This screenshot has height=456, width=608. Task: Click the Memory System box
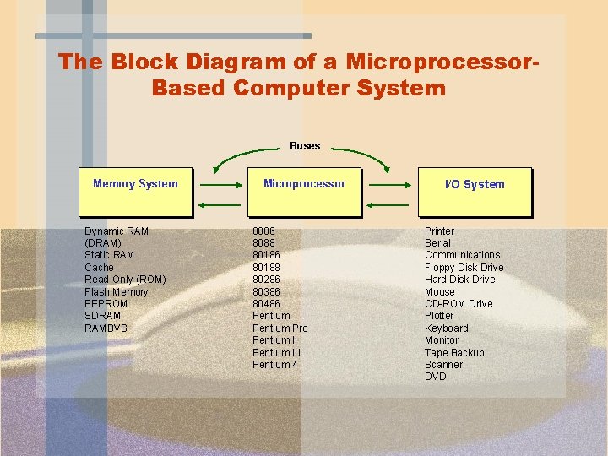tap(135, 192)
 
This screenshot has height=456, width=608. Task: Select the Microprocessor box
tap(304, 192)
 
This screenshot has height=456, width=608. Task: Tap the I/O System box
tap(475, 192)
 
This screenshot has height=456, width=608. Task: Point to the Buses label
tap(305, 146)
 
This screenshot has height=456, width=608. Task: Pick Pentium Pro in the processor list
tap(280, 328)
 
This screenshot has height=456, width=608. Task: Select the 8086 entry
tap(263, 231)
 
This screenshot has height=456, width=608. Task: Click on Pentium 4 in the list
tap(275, 365)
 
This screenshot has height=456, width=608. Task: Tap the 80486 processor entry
tap(266, 303)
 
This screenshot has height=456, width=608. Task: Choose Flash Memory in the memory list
tap(116, 292)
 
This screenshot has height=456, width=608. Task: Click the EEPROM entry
tap(106, 304)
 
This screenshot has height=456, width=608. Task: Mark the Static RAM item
tap(109, 255)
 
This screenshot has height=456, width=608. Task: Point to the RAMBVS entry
tap(106, 328)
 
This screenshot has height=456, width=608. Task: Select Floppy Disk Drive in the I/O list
tap(464, 268)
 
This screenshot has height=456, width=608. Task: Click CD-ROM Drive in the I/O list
tap(459, 304)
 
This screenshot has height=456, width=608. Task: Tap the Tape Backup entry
tap(454, 353)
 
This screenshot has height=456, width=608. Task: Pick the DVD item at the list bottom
tap(435, 377)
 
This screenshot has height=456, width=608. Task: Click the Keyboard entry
tap(446, 328)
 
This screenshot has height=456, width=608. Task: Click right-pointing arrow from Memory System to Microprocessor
tap(221, 183)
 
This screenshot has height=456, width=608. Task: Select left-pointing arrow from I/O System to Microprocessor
tap(389, 204)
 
